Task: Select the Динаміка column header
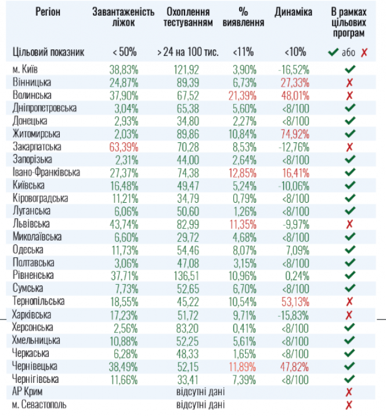(294, 12)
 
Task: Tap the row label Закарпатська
(37, 146)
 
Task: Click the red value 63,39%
(124, 146)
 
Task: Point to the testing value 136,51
(188, 275)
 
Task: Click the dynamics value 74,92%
(294, 134)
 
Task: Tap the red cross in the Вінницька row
(349, 82)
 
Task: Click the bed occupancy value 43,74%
(124, 224)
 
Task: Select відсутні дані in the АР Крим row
(200, 391)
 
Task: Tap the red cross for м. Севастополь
(349, 404)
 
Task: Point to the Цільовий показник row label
(49, 52)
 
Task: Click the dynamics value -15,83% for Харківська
(294, 314)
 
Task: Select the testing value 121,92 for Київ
(188, 69)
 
